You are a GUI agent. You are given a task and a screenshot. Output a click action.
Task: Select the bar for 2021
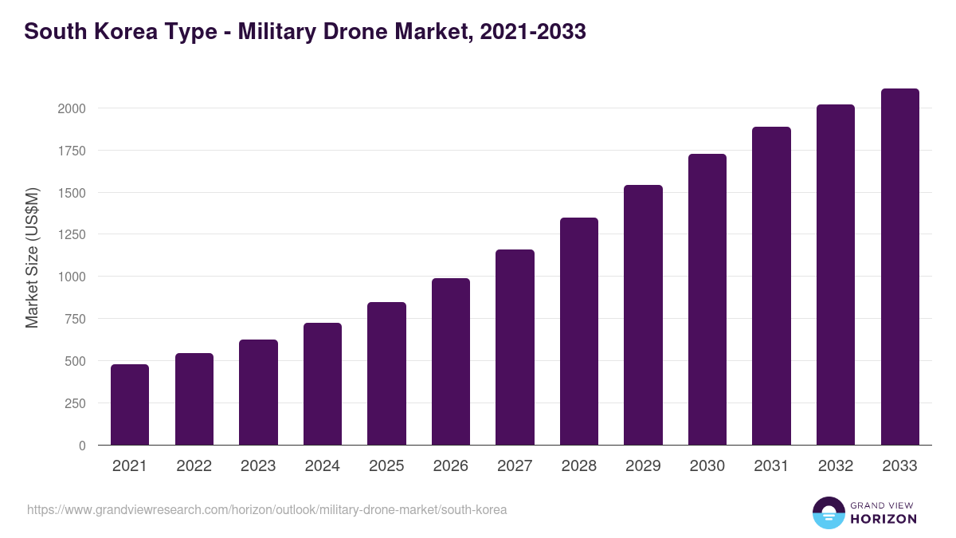click(130, 405)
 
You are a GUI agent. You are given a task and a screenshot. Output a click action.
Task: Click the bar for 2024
click(323, 384)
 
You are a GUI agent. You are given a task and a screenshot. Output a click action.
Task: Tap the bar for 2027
click(515, 348)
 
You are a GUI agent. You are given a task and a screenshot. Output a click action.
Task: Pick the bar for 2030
click(707, 300)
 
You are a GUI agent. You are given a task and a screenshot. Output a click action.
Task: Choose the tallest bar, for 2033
click(899, 267)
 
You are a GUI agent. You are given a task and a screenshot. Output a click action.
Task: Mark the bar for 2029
click(643, 315)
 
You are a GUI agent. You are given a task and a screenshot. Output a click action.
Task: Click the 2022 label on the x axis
click(194, 466)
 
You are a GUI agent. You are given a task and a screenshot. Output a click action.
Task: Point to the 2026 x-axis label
click(450, 466)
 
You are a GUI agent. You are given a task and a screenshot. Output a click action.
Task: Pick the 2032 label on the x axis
click(835, 466)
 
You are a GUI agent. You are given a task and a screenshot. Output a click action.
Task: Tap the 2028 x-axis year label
click(578, 466)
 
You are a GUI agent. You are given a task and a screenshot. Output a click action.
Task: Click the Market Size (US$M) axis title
click(32, 257)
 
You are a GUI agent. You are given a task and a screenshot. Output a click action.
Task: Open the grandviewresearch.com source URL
click(267, 509)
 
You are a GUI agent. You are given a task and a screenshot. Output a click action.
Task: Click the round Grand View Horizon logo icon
click(828, 512)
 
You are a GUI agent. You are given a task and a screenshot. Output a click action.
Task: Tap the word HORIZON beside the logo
click(883, 519)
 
